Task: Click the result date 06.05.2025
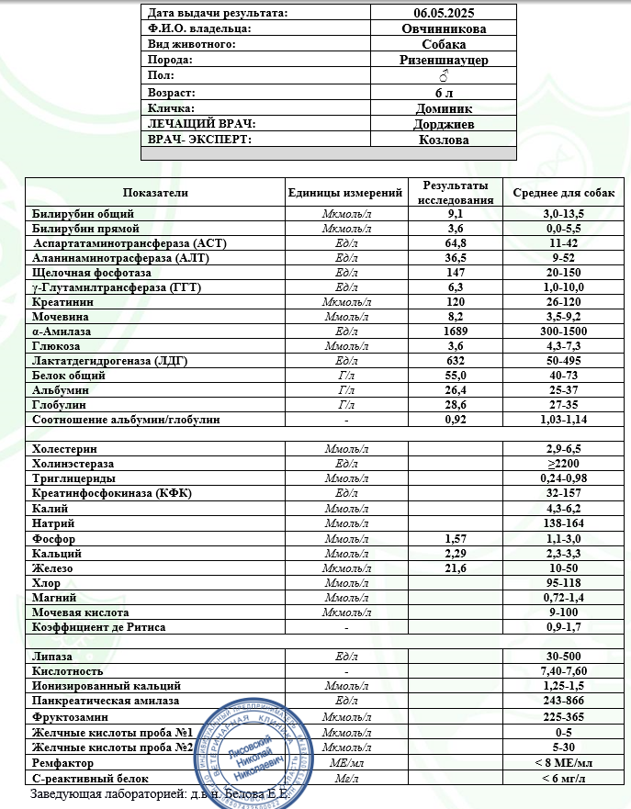click(444, 13)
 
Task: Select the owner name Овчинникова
click(444, 28)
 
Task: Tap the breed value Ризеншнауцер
click(444, 61)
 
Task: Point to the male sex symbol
click(444, 76)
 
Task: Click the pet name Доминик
click(444, 108)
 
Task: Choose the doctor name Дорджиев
click(444, 124)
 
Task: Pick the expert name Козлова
click(444, 140)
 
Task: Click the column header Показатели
click(155, 193)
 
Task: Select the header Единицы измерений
click(345, 193)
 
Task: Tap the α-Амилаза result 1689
click(456, 331)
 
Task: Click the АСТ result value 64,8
click(456, 243)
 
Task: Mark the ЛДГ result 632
click(456, 361)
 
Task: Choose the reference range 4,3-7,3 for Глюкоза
click(563, 346)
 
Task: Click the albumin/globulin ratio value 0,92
click(456, 420)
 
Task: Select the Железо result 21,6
click(456, 568)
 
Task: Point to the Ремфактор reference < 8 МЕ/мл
click(563, 763)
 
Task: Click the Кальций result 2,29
click(456, 554)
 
